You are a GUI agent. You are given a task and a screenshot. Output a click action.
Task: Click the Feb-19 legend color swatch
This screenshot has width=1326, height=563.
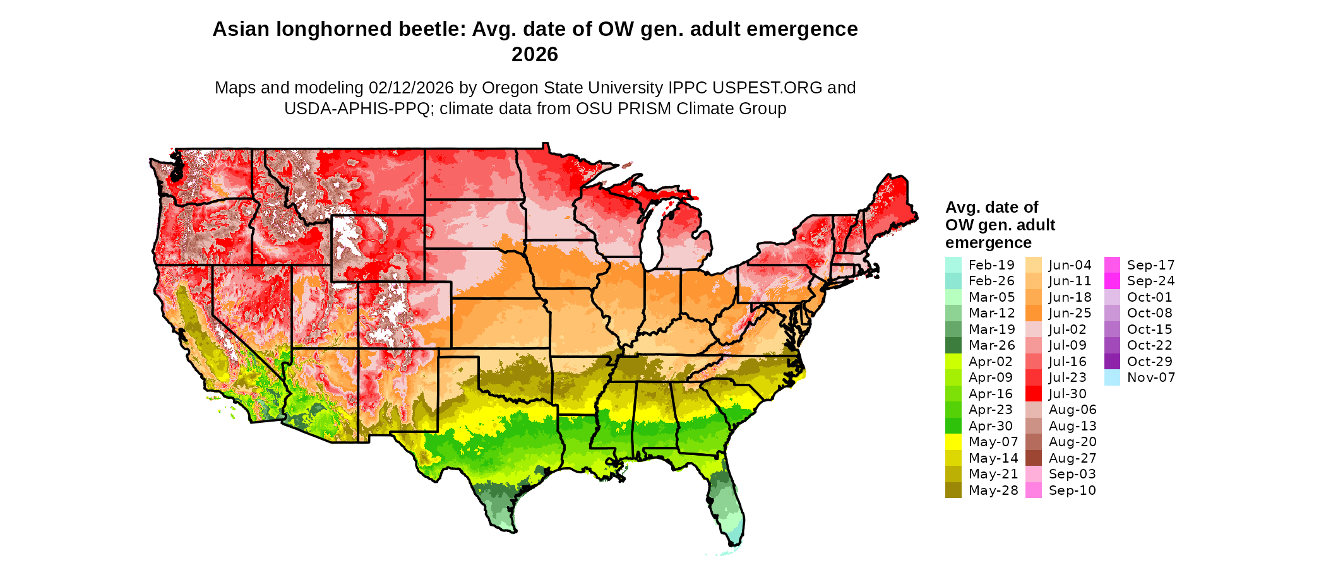click(x=953, y=265)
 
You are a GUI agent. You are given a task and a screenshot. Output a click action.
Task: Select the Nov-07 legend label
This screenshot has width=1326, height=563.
click(x=1150, y=377)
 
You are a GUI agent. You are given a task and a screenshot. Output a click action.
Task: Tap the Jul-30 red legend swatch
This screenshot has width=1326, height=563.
click(x=1033, y=394)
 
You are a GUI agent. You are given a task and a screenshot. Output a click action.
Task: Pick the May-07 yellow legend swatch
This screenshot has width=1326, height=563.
click(x=953, y=442)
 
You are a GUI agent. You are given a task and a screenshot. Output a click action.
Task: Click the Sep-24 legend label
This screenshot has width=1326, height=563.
click(x=1150, y=281)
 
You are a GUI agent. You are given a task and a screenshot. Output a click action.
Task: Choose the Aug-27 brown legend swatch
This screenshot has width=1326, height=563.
click(x=1033, y=458)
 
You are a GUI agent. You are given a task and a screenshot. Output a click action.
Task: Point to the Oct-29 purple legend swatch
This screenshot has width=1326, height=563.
click(x=1113, y=362)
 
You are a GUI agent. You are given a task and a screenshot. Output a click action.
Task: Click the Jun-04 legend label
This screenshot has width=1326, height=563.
click(x=1070, y=265)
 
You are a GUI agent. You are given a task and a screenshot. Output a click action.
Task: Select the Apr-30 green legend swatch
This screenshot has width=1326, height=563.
click(x=953, y=426)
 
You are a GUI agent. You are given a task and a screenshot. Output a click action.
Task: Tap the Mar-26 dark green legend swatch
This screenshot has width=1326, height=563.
click(x=953, y=345)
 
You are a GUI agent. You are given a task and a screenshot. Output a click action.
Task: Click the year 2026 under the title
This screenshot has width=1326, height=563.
click(x=534, y=55)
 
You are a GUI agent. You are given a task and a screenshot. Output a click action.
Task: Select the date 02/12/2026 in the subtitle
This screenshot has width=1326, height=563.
click(x=411, y=88)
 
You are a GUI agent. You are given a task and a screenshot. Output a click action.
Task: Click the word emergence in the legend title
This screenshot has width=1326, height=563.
click(x=988, y=243)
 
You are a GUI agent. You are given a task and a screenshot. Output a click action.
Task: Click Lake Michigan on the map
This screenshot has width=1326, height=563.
click(x=654, y=237)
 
